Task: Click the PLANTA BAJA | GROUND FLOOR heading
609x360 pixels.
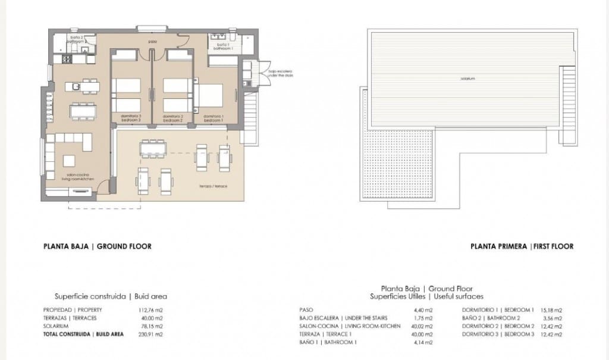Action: (98, 246)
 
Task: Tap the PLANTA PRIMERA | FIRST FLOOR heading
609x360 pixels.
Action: (522, 246)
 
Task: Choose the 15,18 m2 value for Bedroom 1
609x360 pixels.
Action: (551, 310)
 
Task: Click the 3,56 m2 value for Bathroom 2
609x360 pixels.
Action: (551, 318)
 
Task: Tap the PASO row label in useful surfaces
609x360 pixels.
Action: (307, 310)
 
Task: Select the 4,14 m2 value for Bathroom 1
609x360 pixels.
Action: (423, 343)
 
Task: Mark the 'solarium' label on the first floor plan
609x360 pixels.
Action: (467, 79)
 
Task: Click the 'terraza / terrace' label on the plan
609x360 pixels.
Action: (215, 186)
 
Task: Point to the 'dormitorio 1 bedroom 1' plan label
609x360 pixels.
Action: (214, 118)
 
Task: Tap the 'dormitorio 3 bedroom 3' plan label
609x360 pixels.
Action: (131, 118)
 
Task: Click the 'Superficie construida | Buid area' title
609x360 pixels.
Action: (111, 296)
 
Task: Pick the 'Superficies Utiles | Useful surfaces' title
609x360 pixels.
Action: (426, 296)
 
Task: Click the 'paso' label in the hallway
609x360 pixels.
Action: (152, 42)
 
